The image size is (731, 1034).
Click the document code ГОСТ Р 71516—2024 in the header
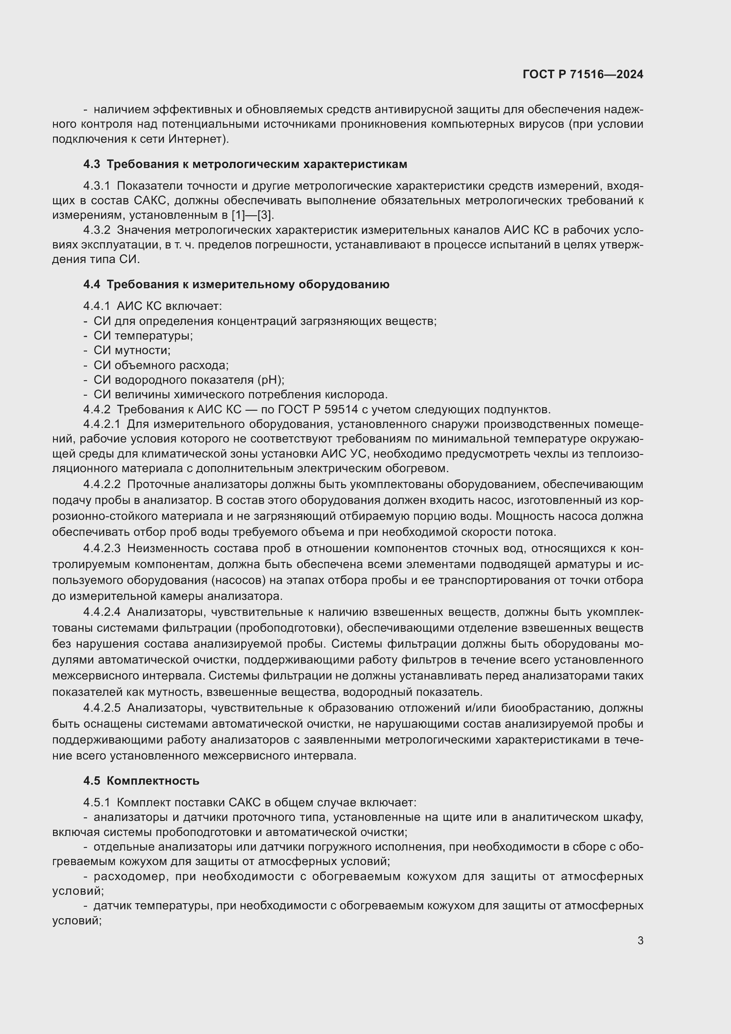coord(583,74)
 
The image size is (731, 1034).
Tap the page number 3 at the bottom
coord(640,940)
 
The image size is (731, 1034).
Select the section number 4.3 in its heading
coord(91,164)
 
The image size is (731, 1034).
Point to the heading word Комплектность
coord(153,781)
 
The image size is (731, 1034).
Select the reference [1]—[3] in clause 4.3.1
coord(252,215)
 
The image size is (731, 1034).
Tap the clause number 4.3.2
coord(96,230)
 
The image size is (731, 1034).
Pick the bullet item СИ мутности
coord(132,351)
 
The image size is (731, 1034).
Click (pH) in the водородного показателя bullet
coord(270,380)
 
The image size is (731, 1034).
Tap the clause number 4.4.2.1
coord(102,424)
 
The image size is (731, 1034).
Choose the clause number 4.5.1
coord(96,803)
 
